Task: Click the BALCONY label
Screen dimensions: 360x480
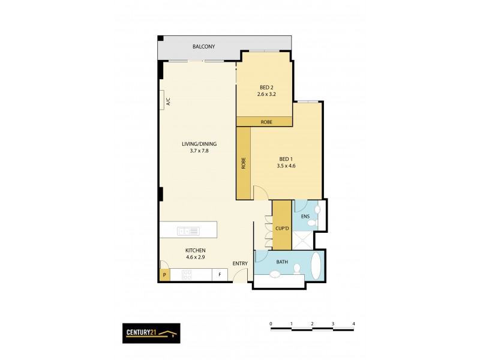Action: (203, 47)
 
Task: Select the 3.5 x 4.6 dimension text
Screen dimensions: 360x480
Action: (286, 166)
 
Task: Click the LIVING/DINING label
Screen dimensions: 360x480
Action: (199, 144)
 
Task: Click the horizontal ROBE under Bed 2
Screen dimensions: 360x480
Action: (266, 122)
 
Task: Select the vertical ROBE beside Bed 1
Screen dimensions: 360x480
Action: (244, 164)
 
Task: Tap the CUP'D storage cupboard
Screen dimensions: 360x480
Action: (282, 228)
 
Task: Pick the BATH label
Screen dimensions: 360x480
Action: (282, 262)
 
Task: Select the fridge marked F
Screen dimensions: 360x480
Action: (220, 275)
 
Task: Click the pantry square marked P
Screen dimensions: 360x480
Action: (164, 275)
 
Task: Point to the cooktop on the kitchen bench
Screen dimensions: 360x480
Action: (187, 275)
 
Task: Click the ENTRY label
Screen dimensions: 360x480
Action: (241, 263)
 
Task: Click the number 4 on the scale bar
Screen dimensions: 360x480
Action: (353, 324)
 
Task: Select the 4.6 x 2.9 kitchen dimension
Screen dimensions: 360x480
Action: (196, 257)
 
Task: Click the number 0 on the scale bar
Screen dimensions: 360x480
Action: (271, 324)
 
